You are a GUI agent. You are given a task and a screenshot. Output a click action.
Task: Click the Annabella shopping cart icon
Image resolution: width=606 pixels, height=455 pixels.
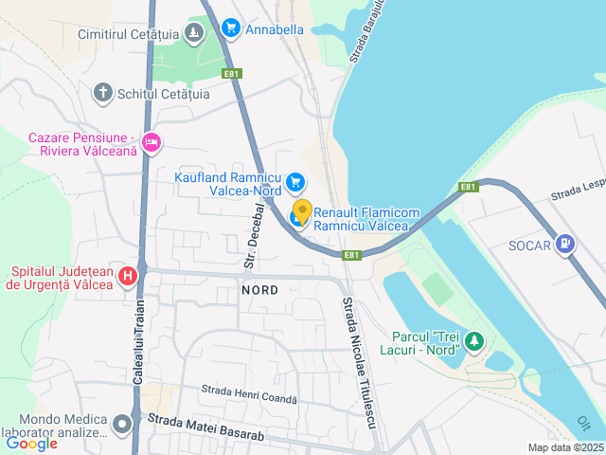click(230, 28)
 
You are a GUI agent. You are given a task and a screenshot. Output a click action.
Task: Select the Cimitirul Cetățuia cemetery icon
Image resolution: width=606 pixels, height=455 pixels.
click(193, 34)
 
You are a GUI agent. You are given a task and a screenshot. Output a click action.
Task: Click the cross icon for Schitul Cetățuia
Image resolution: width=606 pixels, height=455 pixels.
click(103, 93)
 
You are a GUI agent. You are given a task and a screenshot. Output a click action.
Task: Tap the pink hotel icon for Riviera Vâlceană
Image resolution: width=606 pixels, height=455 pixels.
click(151, 143)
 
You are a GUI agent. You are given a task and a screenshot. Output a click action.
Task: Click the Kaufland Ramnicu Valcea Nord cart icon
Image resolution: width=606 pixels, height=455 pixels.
click(295, 180)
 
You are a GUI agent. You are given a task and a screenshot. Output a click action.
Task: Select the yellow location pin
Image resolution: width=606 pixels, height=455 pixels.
click(302, 211)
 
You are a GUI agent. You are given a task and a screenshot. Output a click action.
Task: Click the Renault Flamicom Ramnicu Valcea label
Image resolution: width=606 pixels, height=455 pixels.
click(361, 219)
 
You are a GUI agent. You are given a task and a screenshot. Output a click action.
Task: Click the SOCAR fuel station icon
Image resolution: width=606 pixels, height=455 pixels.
click(566, 245)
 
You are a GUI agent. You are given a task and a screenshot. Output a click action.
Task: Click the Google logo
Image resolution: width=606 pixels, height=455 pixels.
click(32, 443)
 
